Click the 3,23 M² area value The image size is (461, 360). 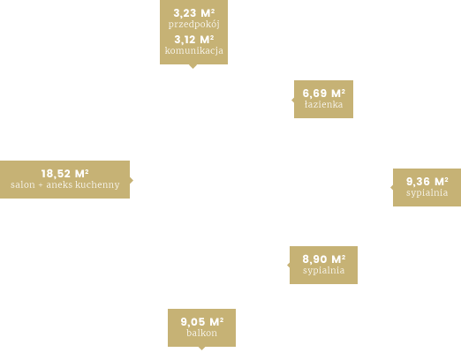pyautogui.click(x=194, y=13)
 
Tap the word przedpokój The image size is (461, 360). pyautogui.click(x=194, y=25)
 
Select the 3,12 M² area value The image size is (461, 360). pyautogui.click(x=194, y=40)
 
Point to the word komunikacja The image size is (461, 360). pyautogui.click(x=194, y=50)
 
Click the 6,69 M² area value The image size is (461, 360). pyautogui.click(x=324, y=94)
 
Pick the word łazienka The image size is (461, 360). pyautogui.click(x=324, y=104)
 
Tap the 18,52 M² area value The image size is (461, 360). pyautogui.click(x=65, y=174)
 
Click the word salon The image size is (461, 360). pyautogui.click(x=23, y=184)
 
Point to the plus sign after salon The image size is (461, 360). pyautogui.click(x=41, y=185)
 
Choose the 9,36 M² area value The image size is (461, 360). pyautogui.click(x=427, y=182)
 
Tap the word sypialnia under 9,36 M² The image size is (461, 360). pyautogui.click(x=427, y=193)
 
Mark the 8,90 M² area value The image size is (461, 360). pyautogui.click(x=324, y=259)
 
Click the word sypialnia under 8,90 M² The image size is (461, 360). pyautogui.click(x=324, y=271)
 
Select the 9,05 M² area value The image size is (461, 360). pyautogui.click(x=202, y=322)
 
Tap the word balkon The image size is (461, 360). pyautogui.click(x=202, y=333)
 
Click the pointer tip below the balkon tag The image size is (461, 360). pyautogui.click(x=201, y=350)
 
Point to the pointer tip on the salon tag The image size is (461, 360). pyautogui.click(x=133, y=180)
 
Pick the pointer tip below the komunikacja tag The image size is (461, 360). pyautogui.click(x=193, y=68)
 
